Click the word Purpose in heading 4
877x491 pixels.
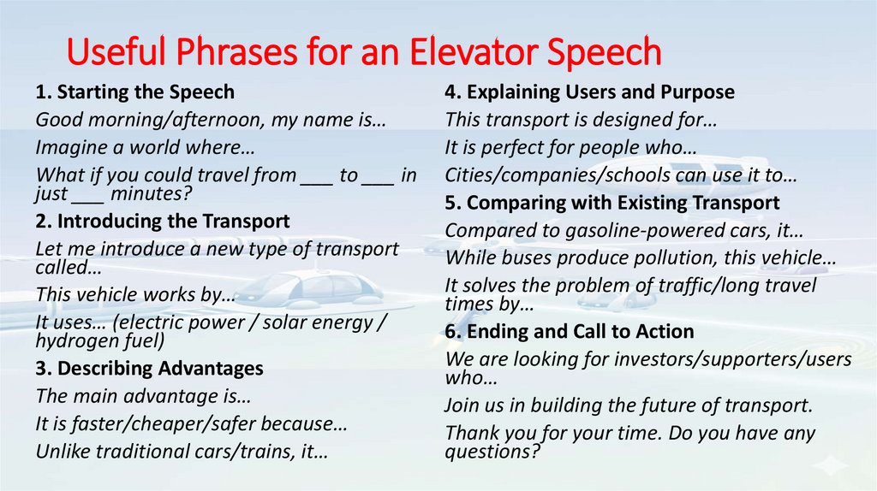pos(697,92)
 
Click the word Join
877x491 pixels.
pos(463,405)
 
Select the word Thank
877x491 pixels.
pos(471,433)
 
